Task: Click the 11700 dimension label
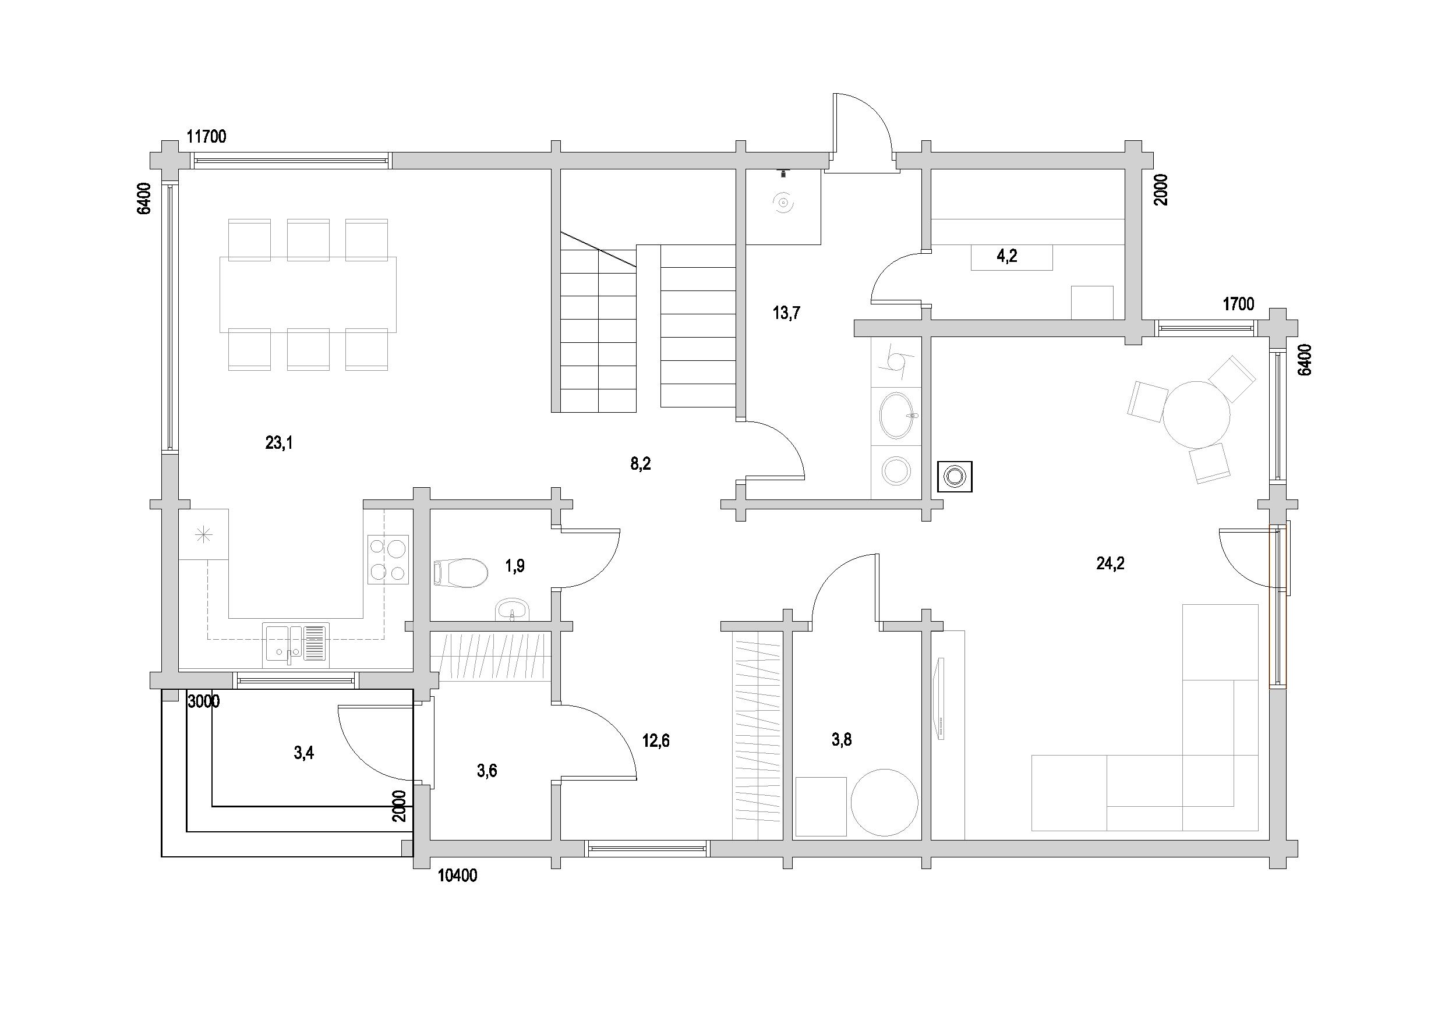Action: [206, 137]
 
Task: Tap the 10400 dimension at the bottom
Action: [458, 875]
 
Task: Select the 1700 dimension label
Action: [1239, 304]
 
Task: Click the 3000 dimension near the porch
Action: [204, 701]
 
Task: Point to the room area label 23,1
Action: [279, 443]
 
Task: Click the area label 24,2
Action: [1110, 563]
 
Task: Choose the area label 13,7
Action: [787, 313]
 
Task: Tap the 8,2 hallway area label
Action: [641, 465]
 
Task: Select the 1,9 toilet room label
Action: [515, 566]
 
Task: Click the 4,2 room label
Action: [1007, 256]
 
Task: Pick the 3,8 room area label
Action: [842, 740]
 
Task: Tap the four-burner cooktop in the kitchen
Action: [388, 560]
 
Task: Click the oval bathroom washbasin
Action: [896, 416]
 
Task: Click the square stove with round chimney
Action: [955, 476]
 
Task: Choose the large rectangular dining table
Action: [308, 295]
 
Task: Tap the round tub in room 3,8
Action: [884, 803]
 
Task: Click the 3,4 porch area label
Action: [304, 753]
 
